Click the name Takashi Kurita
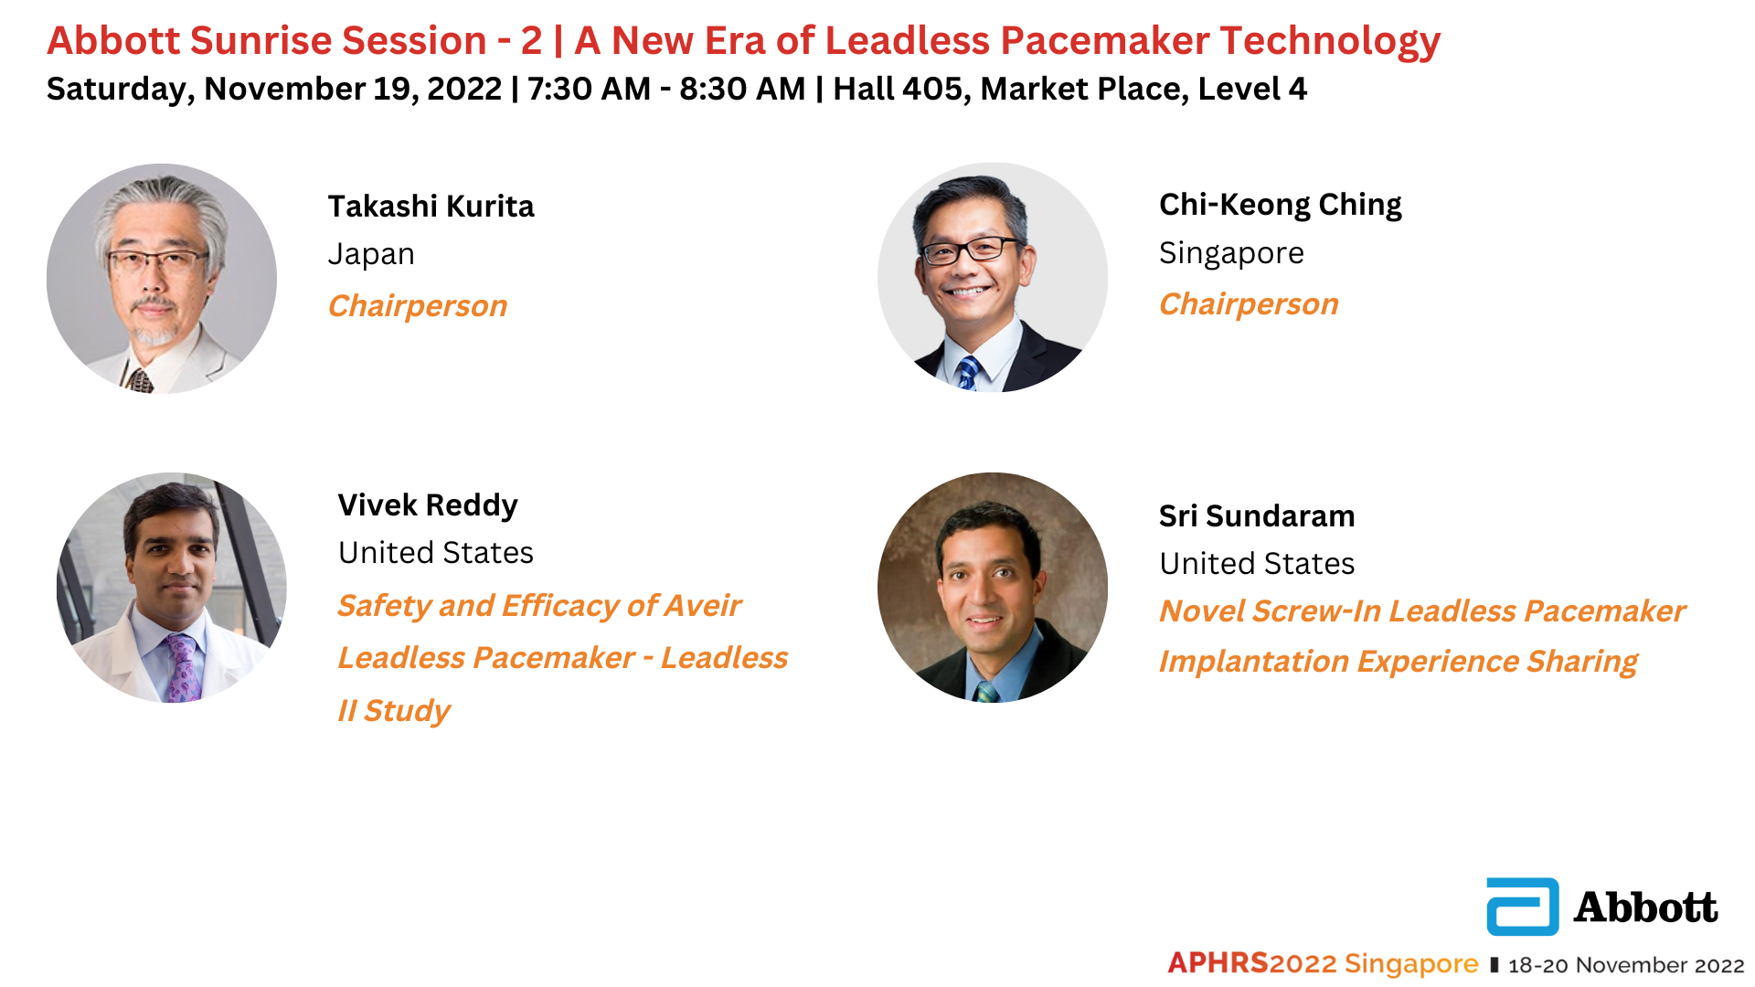click(431, 207)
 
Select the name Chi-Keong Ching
click(1280, 206)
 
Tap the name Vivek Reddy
click(428, 505)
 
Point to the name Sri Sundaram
click(1257, 516)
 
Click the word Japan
click(371, 255)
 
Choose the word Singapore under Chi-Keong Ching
click(1231, 253)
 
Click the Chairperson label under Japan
click(418, 306)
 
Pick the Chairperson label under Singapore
click(1249, 304)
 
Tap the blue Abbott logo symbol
click(1523, 907)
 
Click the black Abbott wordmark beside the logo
click(1645, 907)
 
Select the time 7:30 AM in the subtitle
click(589, 89)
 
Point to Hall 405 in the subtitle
click(899, 89)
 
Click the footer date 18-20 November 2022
click(1626, 965)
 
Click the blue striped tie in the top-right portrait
click(967, 373)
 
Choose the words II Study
click(394, 711)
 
